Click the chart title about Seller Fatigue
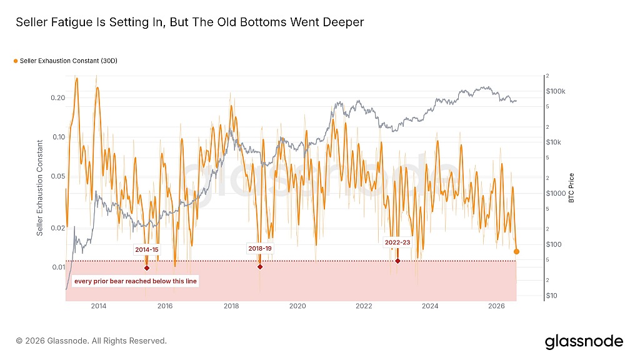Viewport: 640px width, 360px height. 190,22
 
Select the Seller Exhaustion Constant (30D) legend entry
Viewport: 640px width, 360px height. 65,61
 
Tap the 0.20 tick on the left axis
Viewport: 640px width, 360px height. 58,98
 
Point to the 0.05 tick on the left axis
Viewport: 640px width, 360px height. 58,176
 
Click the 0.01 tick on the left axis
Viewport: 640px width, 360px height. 58,267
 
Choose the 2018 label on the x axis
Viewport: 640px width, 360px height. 231,306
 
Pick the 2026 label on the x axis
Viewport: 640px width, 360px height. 496,306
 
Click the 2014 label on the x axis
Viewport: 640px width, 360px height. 99,306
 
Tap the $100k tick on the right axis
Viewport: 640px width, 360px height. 556,91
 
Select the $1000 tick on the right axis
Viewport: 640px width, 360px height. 556,194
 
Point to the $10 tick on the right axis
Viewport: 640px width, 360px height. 551,296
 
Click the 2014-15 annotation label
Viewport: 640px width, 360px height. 146,250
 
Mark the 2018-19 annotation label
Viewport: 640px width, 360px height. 260,248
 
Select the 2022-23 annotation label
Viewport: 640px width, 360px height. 397,242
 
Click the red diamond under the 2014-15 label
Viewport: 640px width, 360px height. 147,268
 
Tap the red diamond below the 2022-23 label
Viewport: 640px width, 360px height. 397,261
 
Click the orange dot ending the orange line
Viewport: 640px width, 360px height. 516,251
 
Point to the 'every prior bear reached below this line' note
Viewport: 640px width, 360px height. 136,281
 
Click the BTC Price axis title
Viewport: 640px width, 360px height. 571,187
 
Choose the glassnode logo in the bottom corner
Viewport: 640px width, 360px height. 584,342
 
